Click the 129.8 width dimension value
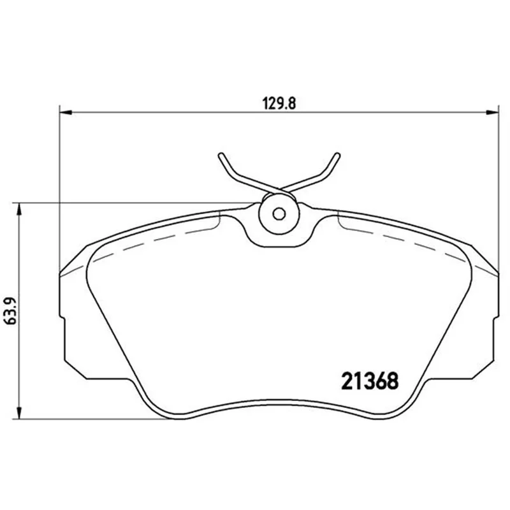click(279, 104)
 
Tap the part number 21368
click(370, 381)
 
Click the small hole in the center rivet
click(279, 214)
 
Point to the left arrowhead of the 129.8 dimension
click(66, 113)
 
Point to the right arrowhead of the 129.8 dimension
click(492, 113)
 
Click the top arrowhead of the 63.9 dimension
click(20, 209)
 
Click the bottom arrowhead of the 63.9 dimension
click(20, 412)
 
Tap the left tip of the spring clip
click(221, 154)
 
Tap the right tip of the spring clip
click(338, 154)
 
